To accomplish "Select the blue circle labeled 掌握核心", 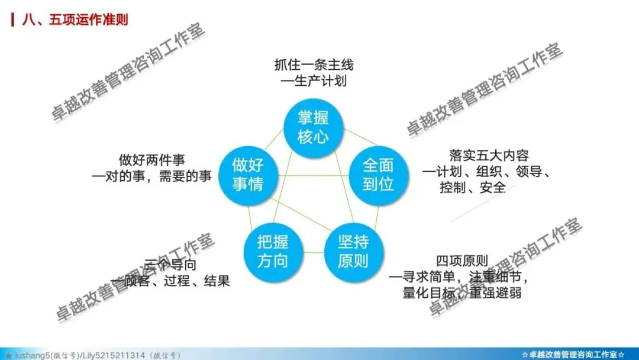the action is pyautogui.click(x=313, y=127).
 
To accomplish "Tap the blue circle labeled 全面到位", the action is pyautogui.click(x=378, y=173).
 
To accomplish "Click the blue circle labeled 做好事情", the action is pyautogui.click(x=247, y=173).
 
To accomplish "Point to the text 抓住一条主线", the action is pyautogui.click(x=314, y=64).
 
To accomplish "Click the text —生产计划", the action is pyautogui.click(x=314, y=81).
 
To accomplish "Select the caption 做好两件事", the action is pyautogui.click(x=152, y=160).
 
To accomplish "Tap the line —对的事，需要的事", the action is pyautogui.click(x=152, y=176).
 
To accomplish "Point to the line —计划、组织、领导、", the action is pyautogui.click(x=487, y=172).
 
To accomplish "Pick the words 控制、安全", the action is pyautogui.click(x=473, y=188).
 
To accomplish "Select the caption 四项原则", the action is pyautogui.click(x=461, y=261).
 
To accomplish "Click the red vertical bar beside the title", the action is pyautogui.click(x=14, y=20).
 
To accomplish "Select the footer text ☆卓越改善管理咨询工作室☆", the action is pyautogui.click(x=573, y=354).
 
